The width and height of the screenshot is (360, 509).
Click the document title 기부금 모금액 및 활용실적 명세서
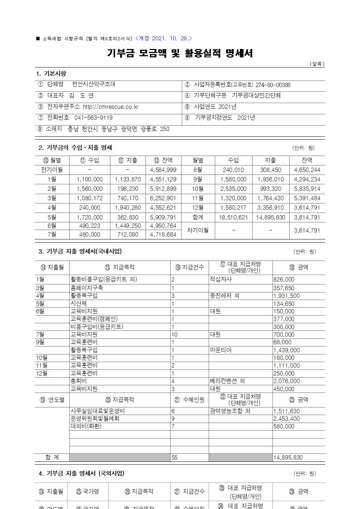pyautogui.click(x=180, y=54)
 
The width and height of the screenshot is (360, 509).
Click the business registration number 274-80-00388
pyautogui.click(x=273, y=85)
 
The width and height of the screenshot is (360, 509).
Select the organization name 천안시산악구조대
pyautogui.click(x=94, y=84)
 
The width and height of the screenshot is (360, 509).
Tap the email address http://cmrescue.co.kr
pyautogui.click(x=110, y=107)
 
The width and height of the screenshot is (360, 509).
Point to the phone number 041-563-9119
pyautogui.click(x=93, y=118)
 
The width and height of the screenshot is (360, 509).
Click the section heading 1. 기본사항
pyautogui.click(x=51, y=74)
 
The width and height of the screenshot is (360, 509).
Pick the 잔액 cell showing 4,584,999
pyautogui.click(x=163, y=170)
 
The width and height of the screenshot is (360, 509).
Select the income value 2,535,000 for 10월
pyautogui.click(x=233, y=189)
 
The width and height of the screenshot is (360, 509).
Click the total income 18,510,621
pyautogui.click(x=233, y=217)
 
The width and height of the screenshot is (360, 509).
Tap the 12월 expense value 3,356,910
pyautogui.click(x=271, y=208)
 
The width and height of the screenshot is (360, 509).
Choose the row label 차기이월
pyautogui.click(x=197, y=230)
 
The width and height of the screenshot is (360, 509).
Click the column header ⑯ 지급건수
pyautogui.click(x=189, y=267)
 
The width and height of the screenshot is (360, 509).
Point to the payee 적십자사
pyautogui.click(x=221, y=279)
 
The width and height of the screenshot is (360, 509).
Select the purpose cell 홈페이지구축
pyautogui.click(x=87, y=288)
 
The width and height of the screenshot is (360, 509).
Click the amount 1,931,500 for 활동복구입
pyautogui.click(x=286, y=296)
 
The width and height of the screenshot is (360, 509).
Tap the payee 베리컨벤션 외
pyautogui.click(x=228, y=381)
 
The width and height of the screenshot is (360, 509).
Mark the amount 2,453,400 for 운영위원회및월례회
pyautogui.click(x=286, y=419)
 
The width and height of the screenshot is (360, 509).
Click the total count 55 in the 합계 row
pyautogui.click(x=175, y=458)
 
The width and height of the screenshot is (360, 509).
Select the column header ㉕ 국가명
pyautogui.click(x=87, y=492)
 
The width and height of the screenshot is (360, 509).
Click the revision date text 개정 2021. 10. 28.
pyautogui.click(x=164, y=38)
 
